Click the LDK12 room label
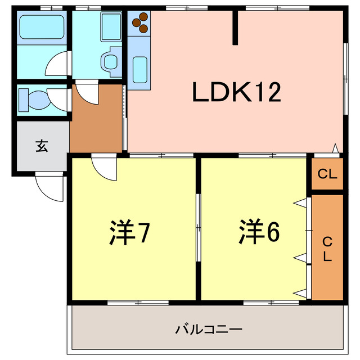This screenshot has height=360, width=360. [236, 93]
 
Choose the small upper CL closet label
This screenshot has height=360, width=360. [327, 174]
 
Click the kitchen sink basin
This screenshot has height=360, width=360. [139, 69]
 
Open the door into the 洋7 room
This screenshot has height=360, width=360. [105, 168]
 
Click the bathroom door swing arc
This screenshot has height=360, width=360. [58, 65]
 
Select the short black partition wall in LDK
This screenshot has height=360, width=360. [237, 28]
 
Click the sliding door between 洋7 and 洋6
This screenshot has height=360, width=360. [198, 228]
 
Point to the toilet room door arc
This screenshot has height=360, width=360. [58, 98]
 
